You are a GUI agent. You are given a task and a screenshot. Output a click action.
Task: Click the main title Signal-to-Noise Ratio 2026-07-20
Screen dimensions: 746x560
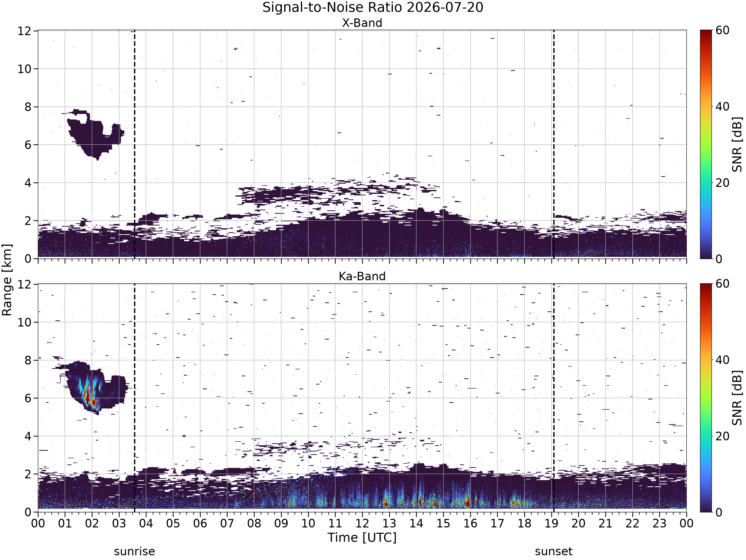click(373, 7)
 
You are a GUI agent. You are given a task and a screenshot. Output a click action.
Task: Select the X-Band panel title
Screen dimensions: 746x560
click(362, 23)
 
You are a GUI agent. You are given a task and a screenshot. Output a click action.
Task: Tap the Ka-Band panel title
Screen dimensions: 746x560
click(362, 277)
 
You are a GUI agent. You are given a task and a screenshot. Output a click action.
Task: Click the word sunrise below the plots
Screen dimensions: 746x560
click(134, 552)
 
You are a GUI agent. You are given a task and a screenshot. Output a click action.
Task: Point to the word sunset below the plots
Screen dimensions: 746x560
click(554, 552)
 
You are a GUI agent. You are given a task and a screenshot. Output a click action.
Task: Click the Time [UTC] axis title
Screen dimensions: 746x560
click(362, 537)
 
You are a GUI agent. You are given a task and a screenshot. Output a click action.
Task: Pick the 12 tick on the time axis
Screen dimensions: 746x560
click(362, 524)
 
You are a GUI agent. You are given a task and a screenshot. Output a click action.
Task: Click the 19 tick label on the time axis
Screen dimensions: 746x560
click(551, 524)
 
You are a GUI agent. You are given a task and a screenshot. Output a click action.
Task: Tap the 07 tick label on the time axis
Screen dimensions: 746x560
click(227, 524)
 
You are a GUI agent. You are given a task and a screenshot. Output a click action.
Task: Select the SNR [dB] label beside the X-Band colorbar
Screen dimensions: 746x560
click(738, 144)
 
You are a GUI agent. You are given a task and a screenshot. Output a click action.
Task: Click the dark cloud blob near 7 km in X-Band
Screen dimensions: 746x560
click(94, 135)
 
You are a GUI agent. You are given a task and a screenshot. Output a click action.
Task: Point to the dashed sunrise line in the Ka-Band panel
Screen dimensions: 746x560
click(135, 398)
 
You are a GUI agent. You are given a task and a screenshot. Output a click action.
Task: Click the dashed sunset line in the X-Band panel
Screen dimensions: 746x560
click(554, 144)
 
